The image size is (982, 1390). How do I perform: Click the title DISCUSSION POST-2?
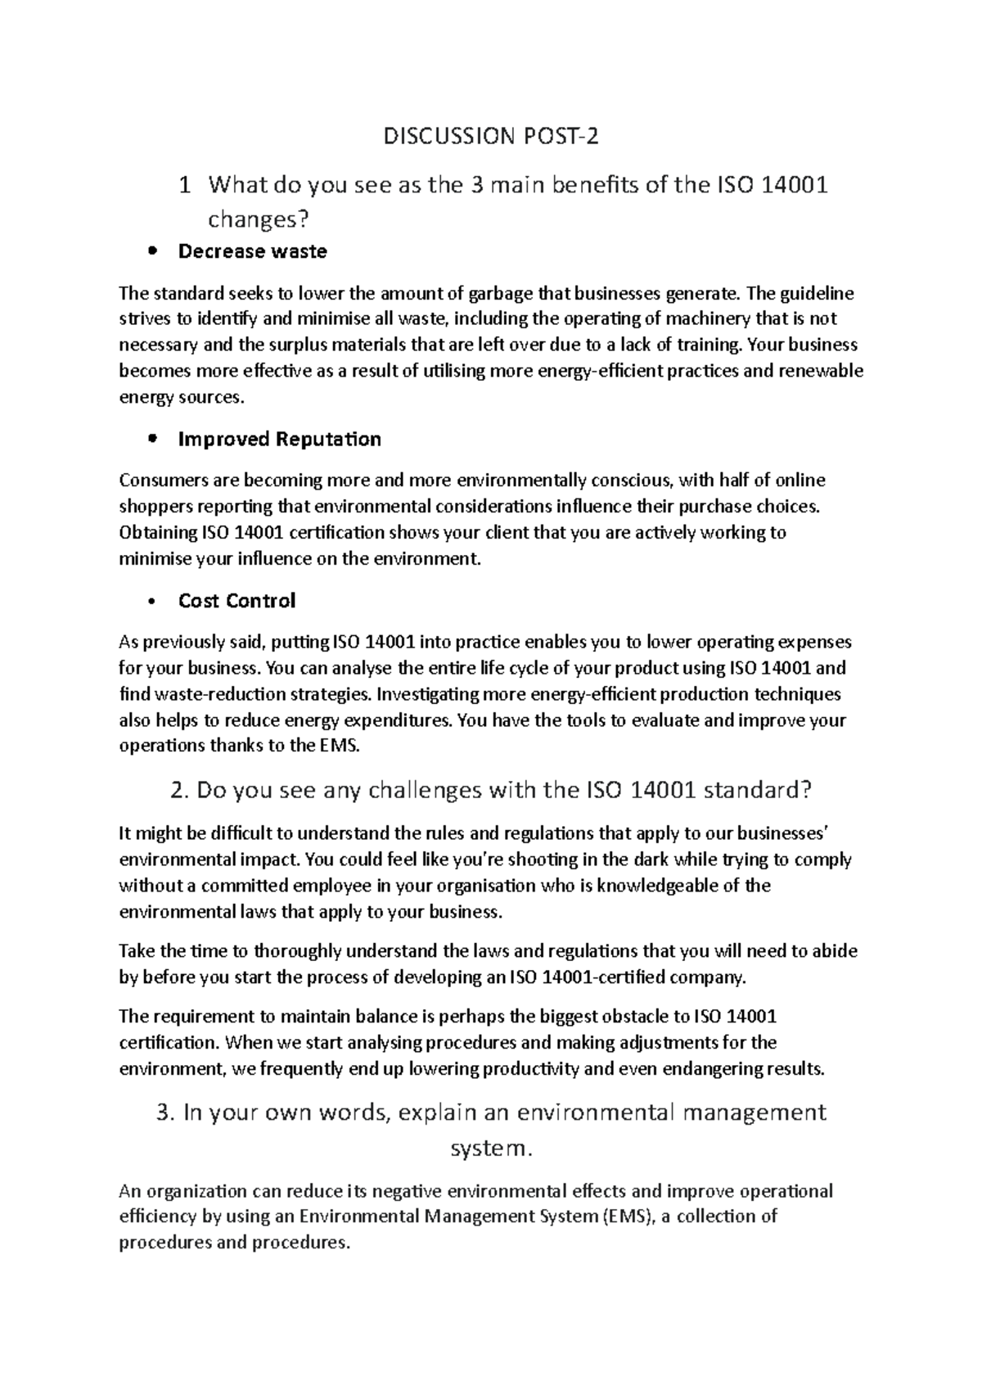491,136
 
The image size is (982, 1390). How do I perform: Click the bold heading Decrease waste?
252,251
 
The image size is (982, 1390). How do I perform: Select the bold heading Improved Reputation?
279,440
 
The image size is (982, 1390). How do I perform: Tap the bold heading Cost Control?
236,601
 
